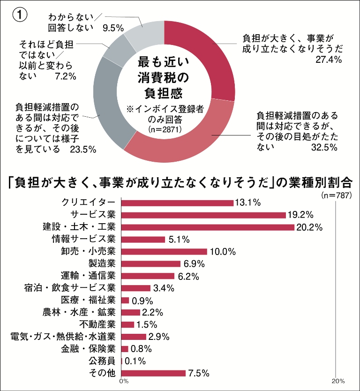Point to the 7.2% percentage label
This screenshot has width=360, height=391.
click(x=65, y=76)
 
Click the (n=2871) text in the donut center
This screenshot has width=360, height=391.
click(x=164, y=129)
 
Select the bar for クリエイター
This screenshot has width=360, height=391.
click(x=177, y=203)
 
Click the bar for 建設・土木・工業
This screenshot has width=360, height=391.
click(x=208, y=227)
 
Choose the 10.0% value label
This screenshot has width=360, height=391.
click(x=223, y=252)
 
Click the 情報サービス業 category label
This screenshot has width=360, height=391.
click(x=83, y=240)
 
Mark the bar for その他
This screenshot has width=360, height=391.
click(x=153, y=373)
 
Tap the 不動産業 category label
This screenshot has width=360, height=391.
click(x=97, y=324)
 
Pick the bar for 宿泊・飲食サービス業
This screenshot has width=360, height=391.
click(x=136, y=288)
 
